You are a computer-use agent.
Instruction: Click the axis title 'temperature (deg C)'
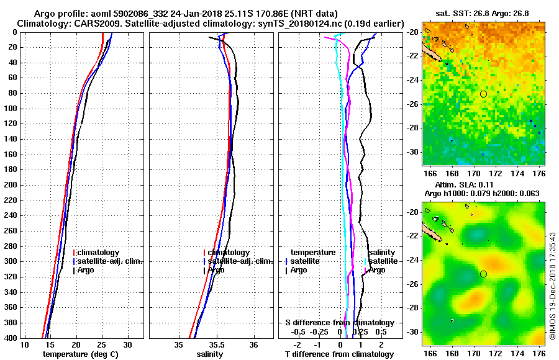[80, 354]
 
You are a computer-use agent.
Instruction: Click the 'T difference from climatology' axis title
[339, 354]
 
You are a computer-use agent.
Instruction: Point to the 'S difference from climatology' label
[339, 323]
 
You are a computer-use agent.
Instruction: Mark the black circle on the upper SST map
[483, 94]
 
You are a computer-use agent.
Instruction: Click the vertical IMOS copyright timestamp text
[552, 286]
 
